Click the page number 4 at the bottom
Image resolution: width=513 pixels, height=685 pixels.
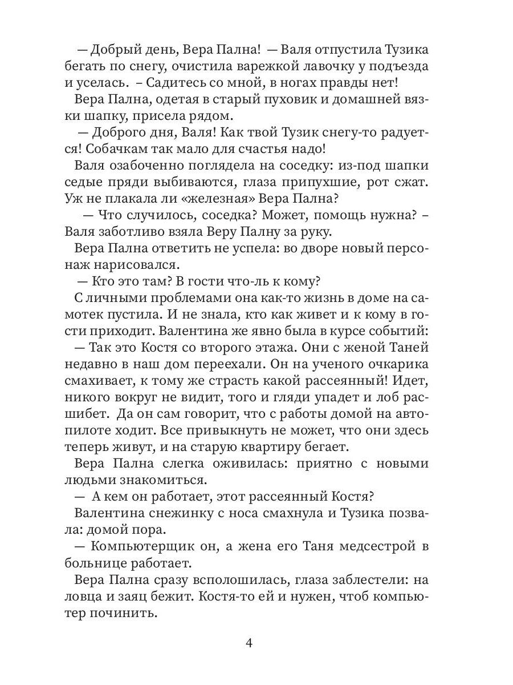pos(249,643)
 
